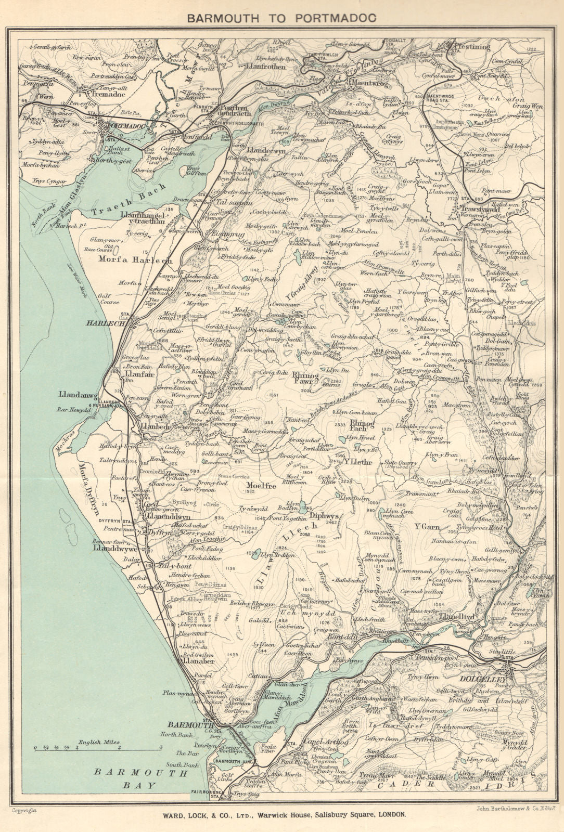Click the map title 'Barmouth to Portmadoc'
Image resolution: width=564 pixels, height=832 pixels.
tap(281, 18)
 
